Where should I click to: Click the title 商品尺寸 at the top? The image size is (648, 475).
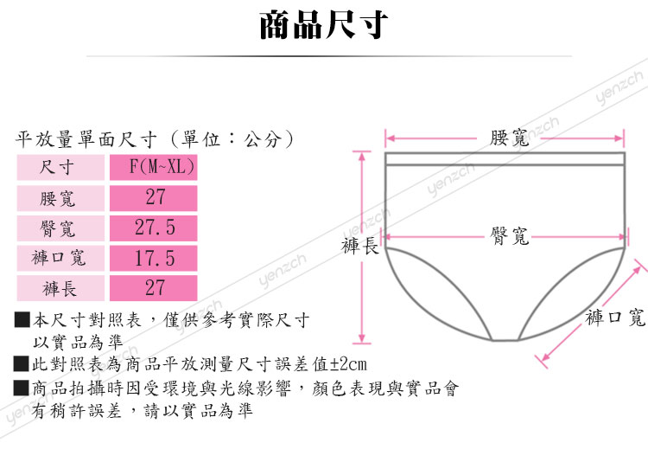pyautogui.click(x=324, y=25)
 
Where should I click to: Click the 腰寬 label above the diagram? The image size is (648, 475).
pyautogui.click(x=509, y=137)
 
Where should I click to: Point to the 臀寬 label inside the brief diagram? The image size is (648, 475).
pyautogui.click(x=508, y=234)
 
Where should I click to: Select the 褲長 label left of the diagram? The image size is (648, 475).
pyautogui.click(x=360, y=247)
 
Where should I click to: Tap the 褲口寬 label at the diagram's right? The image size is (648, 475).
pyautogui.click(x=615, y=318)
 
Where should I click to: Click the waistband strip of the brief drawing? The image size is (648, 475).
pyautogui.click(x=505, y=158)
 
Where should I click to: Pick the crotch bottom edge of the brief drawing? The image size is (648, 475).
pyautogui.click(x=505, y=339)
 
